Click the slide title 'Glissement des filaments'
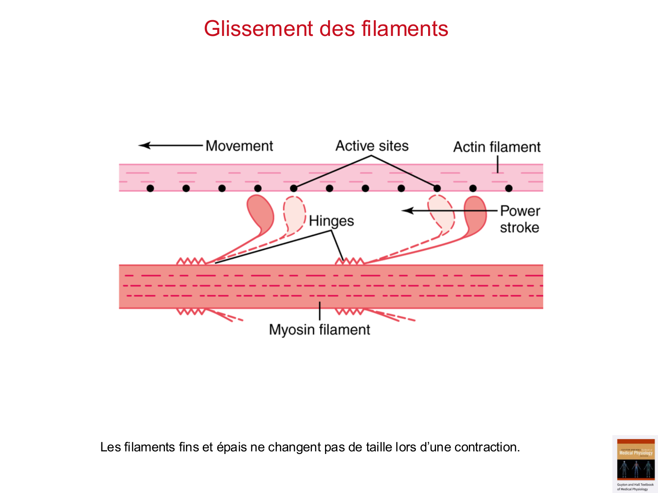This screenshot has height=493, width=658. [326, 29]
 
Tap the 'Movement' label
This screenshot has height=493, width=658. [239, 146]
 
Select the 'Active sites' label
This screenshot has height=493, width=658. [372, 146]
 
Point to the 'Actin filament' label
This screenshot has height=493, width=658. [497, 147]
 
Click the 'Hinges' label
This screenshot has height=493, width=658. [331, 221]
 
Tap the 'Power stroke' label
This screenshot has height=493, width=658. [520, 219]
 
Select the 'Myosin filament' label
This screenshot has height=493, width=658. [319, 330]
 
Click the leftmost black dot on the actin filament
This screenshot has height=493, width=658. [150, 188]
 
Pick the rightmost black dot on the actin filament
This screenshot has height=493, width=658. [509, 188]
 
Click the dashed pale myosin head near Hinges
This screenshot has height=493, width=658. [294, 214]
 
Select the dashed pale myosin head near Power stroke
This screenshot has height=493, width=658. [441, 213]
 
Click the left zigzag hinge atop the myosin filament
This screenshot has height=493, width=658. [191, 262]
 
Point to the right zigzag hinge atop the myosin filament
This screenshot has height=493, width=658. [350, 262]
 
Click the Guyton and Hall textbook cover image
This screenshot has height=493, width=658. [635, 464]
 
